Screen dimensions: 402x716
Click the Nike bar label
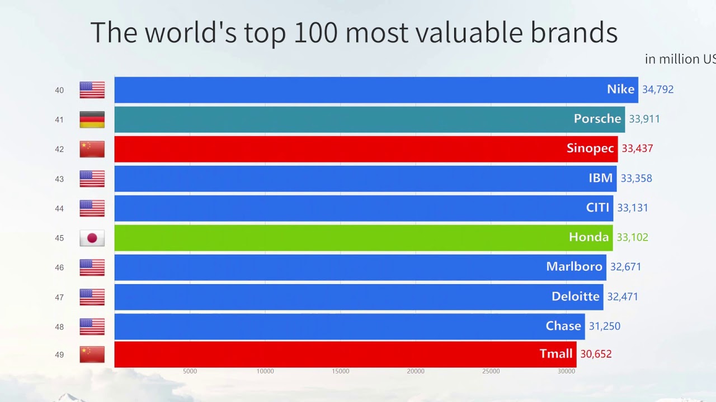pyautogui.click(x=620, y=89)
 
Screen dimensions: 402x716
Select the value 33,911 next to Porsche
pyautogui.click(x=644, y=119)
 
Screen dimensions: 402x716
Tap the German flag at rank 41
pyautogui.click(x=92, y=119)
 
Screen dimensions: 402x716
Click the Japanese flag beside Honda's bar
pyautogui.click(x=92, y=238)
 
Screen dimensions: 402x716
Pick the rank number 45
pyautogui.click(x=59, y=238)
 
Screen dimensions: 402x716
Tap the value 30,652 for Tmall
pyautogui.click(x=596, y=354)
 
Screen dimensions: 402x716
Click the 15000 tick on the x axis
pyautogui.click(x=340, y=371)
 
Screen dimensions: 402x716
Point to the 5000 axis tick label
pyautogui.click(x=190, y=371)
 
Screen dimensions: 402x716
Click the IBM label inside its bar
pyautogui.click(x=600, y=178)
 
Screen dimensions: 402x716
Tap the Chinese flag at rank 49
pyautogui.click(x=92, y=354)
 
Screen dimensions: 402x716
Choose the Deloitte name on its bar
pyautogui.click(x=575, y=296)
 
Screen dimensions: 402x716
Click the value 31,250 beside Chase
pyautogui.click(x=604, y=326)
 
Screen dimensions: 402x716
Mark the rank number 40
pyautogui.click(x=59, y=90)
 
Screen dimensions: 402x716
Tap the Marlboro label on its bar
pyautogui.click(x=574, y=267)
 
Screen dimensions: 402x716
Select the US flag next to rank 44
pyautogui.click(x=92, y=208)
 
